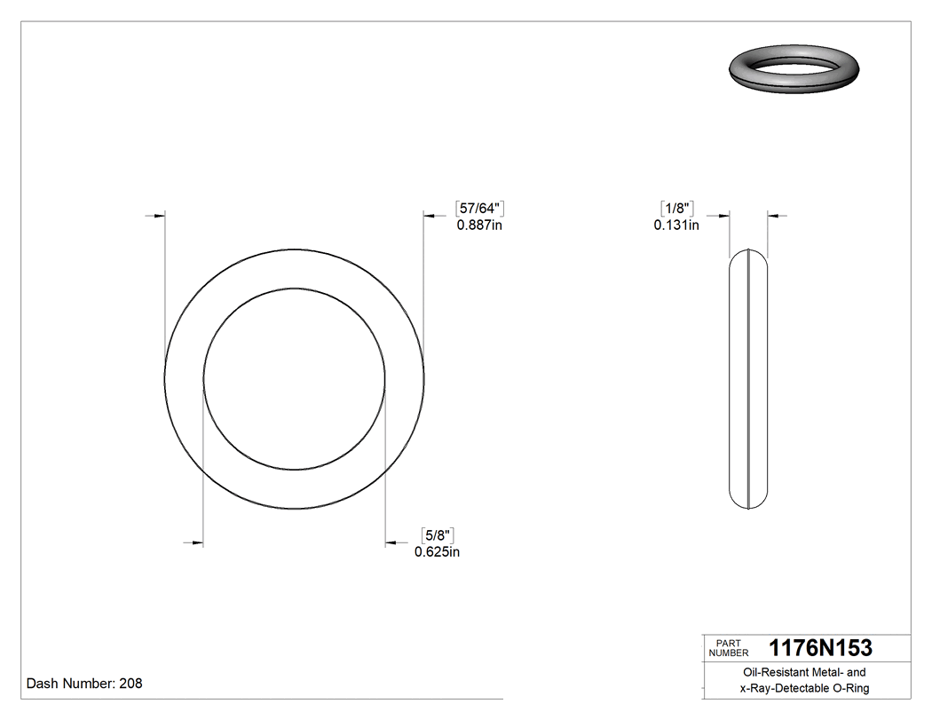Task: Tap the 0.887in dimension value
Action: [479, 225]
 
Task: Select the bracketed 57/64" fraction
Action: [479, 209]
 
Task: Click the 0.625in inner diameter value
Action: [437, 552]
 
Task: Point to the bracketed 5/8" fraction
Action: [438, 535]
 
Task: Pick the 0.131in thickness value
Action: [676, 225]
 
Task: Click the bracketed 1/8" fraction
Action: [677, 209]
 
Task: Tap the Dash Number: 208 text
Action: [84, 684]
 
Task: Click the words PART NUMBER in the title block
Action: [729, 647]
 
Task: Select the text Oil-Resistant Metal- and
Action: [805, 673]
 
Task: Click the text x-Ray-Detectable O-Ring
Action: [805, 689]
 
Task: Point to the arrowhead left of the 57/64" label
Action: [429, 215]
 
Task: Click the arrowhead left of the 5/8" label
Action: [391, 542]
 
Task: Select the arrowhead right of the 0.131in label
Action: [773, 215]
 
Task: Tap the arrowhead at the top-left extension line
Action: [159, 215]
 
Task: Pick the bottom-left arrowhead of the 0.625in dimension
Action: [197, 542]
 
